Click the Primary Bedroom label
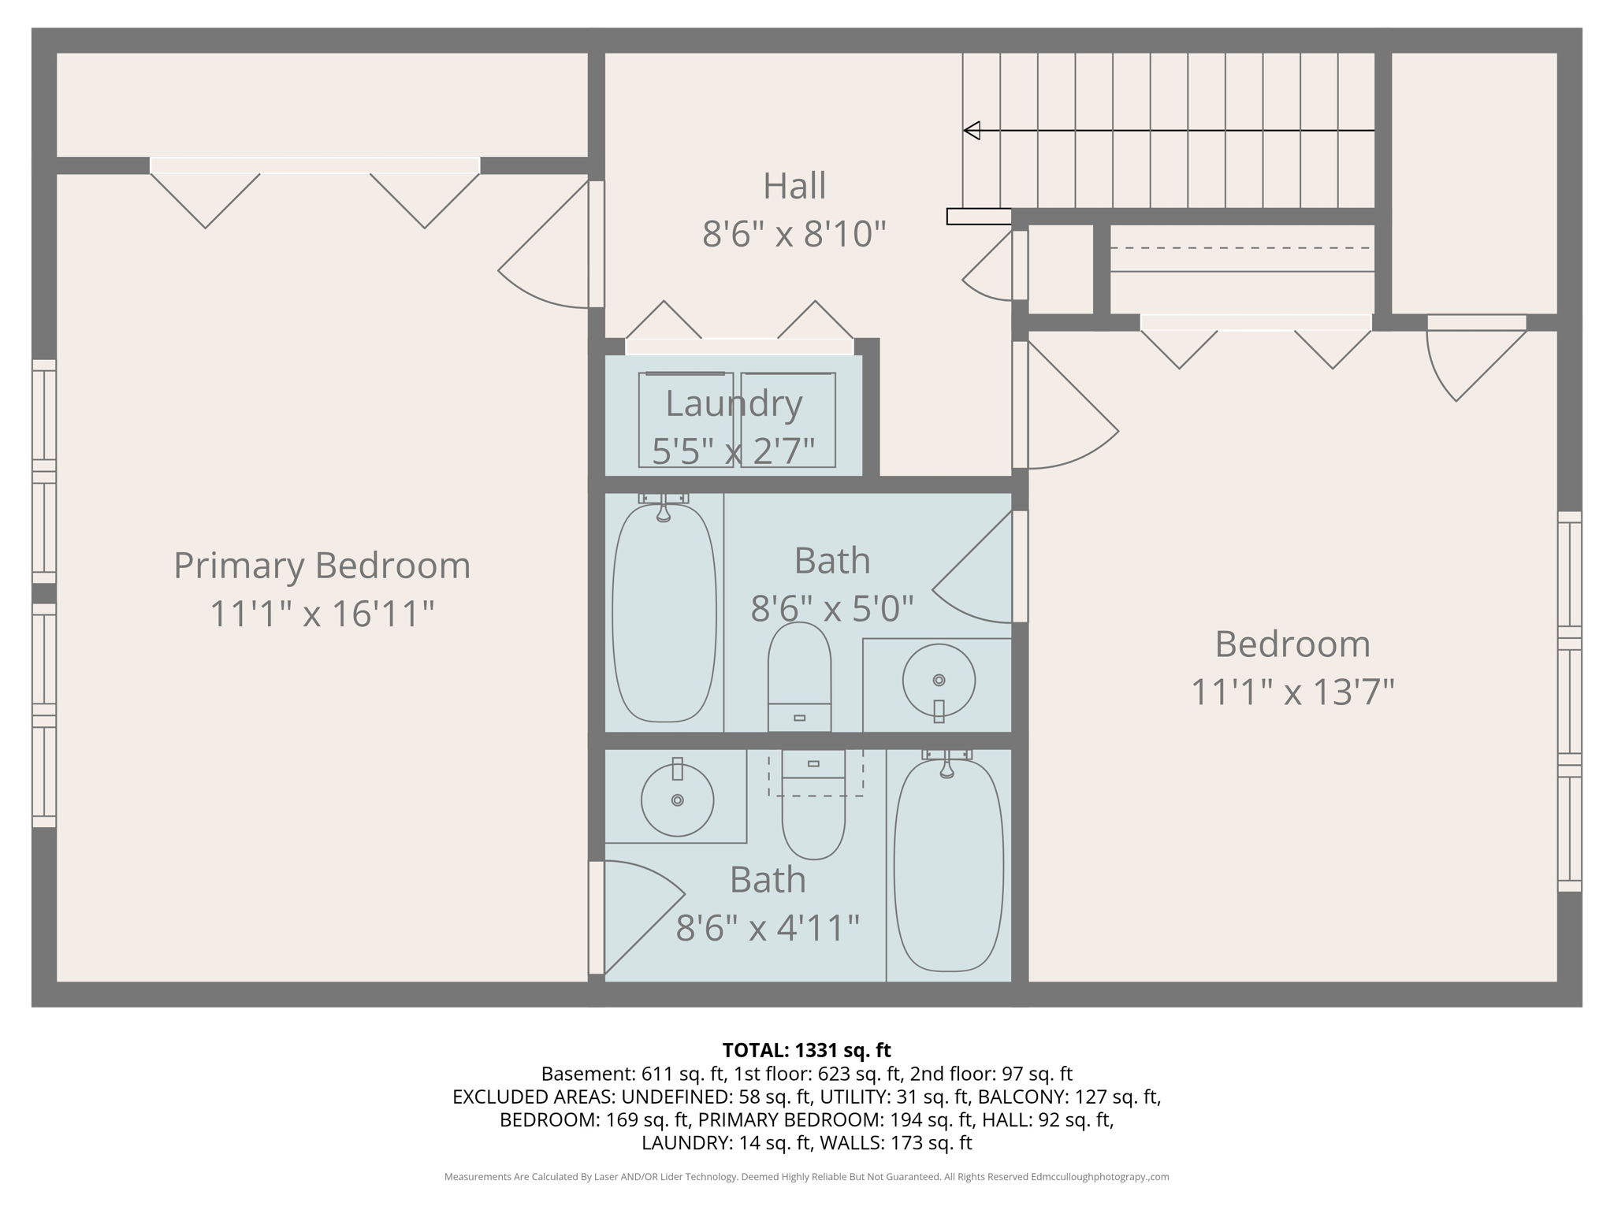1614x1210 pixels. [x=322, y=566]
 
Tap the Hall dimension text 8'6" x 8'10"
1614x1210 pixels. [x=794, y=234]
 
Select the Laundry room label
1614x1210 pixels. [x=734, y=403]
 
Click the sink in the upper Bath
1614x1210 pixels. [x=938, y=680]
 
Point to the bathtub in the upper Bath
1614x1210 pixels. [x=664, y=612]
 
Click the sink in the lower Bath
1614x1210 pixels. [x=677, y=800]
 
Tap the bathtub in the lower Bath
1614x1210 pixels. [x=948, y=864]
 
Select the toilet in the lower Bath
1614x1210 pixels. [x=813, y=811]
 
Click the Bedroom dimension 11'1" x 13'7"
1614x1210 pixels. [x=1292, y=692]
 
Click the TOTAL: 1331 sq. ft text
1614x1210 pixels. [x=806, y=1050]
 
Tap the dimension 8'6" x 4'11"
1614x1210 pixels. [x=767, y=927]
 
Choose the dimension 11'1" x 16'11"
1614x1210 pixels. [x=322, y=614]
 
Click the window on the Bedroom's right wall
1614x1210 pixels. [x=1569, y=701]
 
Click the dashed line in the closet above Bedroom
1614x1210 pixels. [x=1241, y=248]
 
